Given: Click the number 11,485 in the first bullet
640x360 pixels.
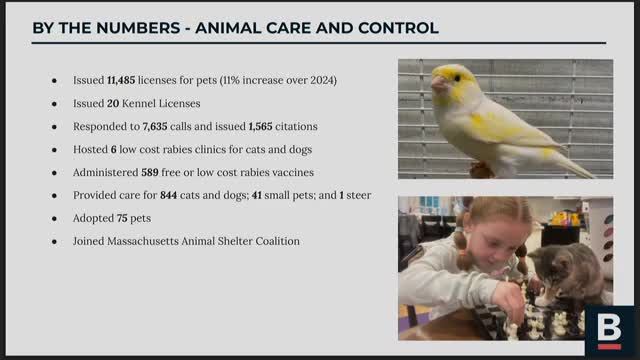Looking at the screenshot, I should pyautogui.click(x=125, y=80).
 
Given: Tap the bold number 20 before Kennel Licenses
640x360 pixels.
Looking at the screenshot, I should pyautogui.click(x=114, y=103).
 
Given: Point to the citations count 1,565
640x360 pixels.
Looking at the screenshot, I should pyautogui.click(x=265, y=126).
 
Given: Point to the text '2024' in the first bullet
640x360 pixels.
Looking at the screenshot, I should pyautogui.click(x=321, y=80).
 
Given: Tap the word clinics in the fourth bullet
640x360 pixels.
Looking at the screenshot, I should pyautogui.click(x=216, y=149).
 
